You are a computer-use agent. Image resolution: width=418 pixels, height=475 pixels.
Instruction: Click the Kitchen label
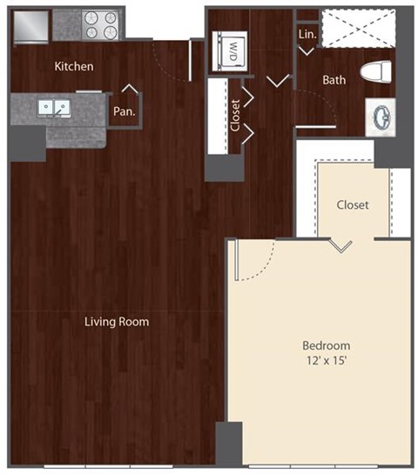coord(74,66)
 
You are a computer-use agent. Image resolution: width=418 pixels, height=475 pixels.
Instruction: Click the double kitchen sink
coord(55,108)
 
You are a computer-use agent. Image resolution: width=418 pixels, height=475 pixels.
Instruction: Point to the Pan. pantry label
coord(124,111)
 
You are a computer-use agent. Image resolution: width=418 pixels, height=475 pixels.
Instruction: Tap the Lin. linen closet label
coord(307,34)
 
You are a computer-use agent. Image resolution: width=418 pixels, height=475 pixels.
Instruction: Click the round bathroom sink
coord(381,115)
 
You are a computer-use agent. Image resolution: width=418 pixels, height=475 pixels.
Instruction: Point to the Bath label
coord(334,80)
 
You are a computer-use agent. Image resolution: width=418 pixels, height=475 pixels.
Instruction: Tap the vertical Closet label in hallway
coord(235,114)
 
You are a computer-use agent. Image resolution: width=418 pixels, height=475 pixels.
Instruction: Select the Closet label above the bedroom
coord(353,205)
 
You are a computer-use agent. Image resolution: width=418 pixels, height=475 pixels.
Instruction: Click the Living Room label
coord(117,322)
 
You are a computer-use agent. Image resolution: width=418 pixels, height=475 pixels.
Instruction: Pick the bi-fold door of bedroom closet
coord(340,245)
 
